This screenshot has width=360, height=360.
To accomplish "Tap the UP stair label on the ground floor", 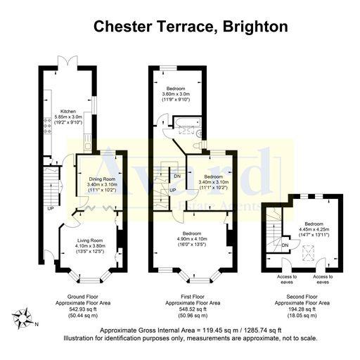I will tap(51, 209).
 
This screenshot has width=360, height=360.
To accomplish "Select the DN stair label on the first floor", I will tap(177, 176).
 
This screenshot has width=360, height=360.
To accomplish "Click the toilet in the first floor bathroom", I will tap(201, 145).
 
